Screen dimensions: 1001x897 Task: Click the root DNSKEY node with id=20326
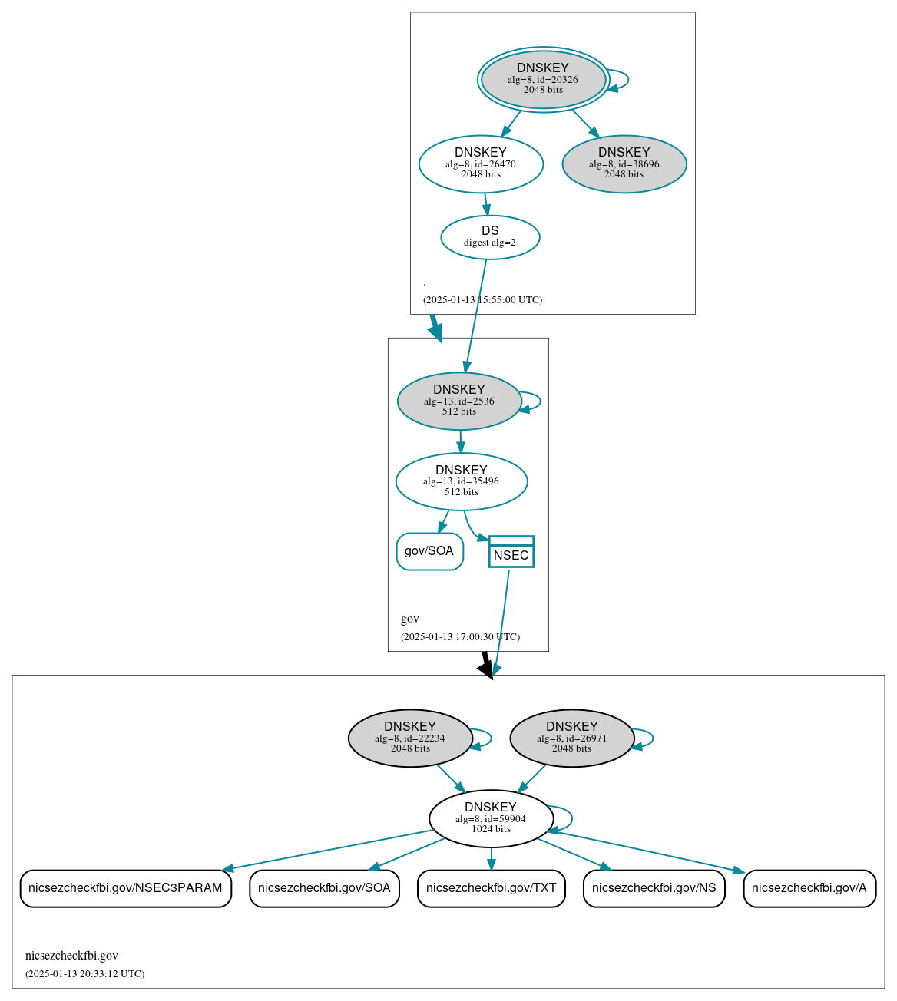click(543, 79)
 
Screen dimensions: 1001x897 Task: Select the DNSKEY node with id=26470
click(481, 164)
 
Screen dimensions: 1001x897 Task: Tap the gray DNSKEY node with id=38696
click(624, 164)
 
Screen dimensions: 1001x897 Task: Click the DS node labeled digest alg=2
click(490, 237)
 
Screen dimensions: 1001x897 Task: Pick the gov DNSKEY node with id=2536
click(459, 401)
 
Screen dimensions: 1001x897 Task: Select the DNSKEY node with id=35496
click(461, 481)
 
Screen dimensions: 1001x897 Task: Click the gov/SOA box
click(429, 551)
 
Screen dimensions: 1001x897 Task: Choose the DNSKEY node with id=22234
click(410, 738)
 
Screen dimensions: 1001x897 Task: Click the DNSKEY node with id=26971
click(571, 738)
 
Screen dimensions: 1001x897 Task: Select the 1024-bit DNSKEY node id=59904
click(491, 818)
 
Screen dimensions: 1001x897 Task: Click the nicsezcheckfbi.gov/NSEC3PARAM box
click(125, 888)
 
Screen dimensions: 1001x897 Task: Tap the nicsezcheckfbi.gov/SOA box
click(324, 888)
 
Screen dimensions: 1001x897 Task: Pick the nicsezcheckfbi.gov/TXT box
click(491, 888)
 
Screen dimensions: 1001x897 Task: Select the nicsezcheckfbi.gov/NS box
click(654, 888)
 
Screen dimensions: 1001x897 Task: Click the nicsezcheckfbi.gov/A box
click(809, 888)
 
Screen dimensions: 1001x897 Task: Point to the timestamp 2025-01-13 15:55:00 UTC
click(482, 300)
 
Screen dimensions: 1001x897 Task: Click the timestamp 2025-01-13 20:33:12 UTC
click(84, 974)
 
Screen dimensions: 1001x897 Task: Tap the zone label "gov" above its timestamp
click(410, 619)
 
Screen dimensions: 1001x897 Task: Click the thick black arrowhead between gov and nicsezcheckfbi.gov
click(486, 668)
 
